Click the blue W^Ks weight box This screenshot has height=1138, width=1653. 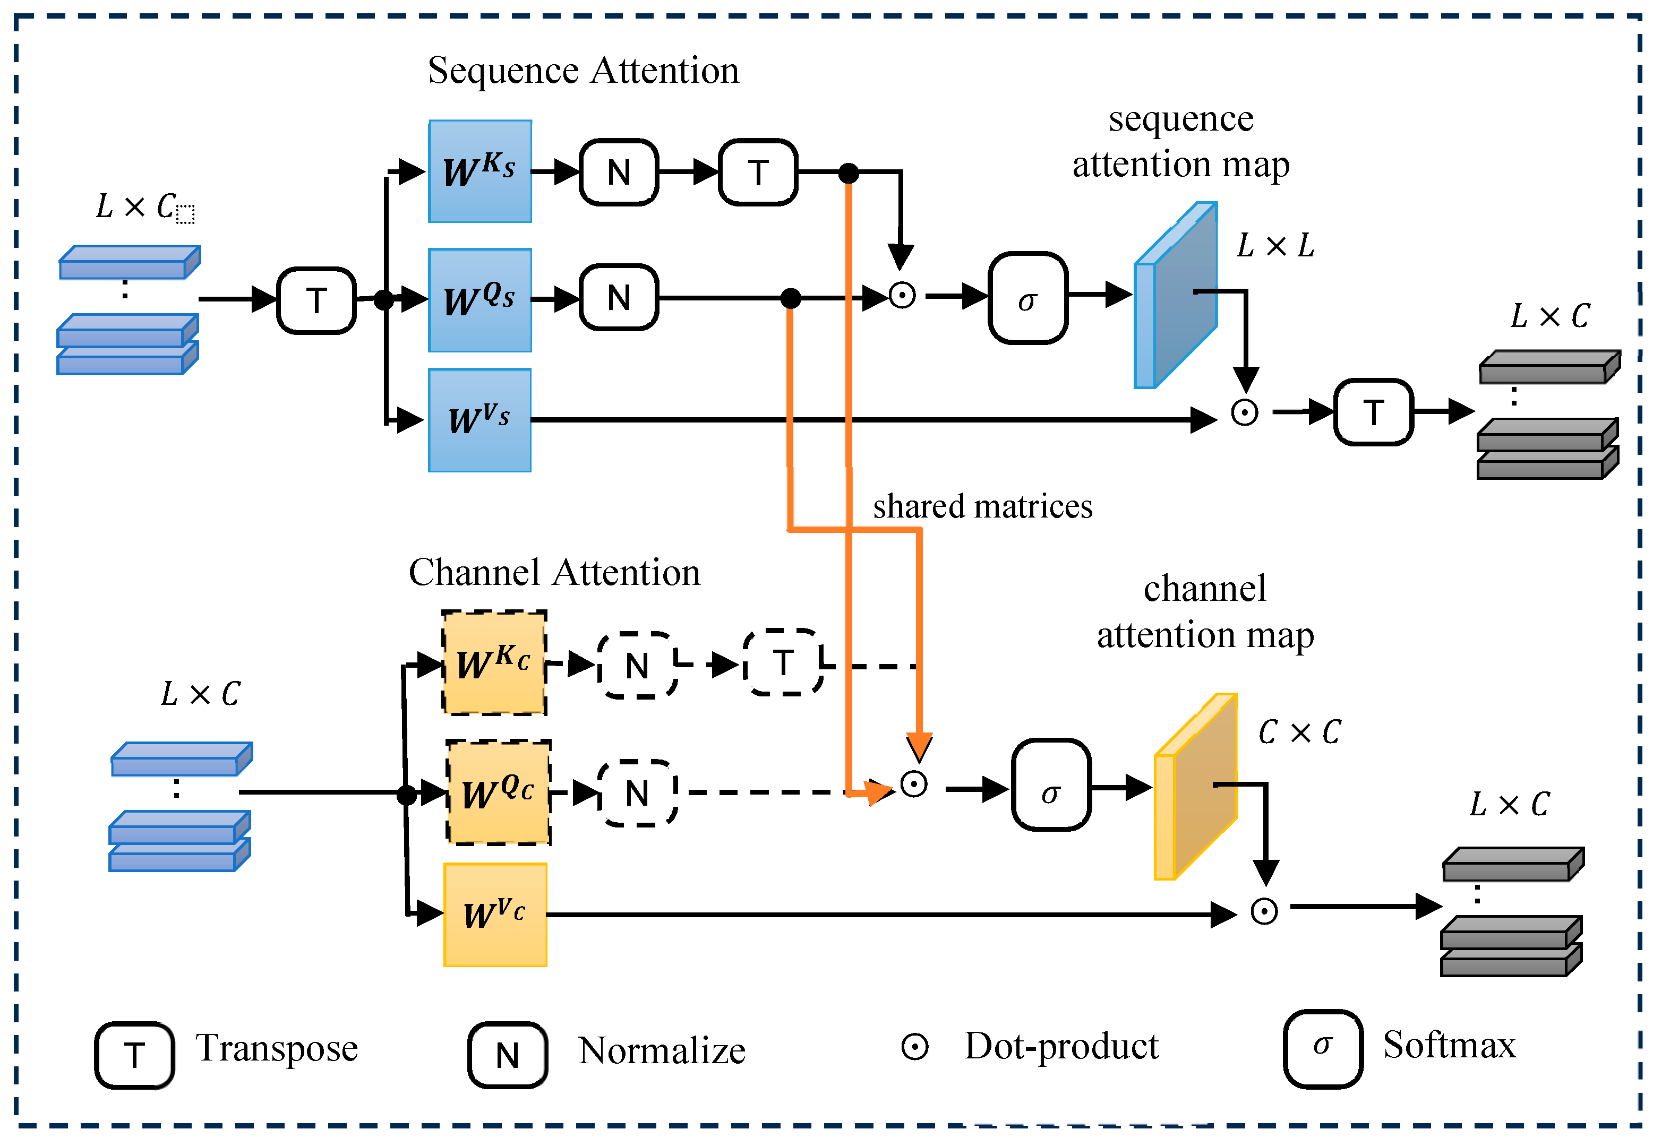point(479,171)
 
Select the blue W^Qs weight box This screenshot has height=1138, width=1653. point(479,299)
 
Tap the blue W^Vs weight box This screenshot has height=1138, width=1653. point(479,420)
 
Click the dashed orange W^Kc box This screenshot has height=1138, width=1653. point(494,662)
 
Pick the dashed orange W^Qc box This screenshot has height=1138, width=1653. point(498,792)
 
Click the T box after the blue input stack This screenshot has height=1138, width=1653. point(316,300)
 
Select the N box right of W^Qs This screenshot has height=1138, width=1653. point(618,297)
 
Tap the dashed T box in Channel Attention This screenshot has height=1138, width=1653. point(783,662)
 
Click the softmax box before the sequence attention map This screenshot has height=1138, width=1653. point(1027,298)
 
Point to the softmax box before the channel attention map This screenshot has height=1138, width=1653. point(1050,784)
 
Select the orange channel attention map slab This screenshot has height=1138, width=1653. point(1195,787)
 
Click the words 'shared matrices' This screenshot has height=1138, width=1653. point(982,506)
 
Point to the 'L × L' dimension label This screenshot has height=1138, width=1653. point(1275,245)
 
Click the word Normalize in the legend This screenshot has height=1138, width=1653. point(661,1050)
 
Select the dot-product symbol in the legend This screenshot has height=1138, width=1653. point(914,1047)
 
